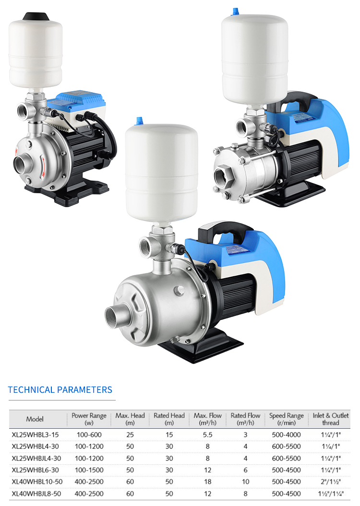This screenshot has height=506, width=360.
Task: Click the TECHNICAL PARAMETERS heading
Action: (x=60, y=389)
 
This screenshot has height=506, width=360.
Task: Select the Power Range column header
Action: (x=89, y=419)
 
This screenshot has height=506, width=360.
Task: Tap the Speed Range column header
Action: (x=287, y=419)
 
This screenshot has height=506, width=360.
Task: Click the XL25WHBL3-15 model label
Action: (x=35, y=435)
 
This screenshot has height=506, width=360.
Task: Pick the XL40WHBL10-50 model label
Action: (x=37, y=482)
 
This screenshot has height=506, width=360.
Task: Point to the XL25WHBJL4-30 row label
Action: (x=36, y=458)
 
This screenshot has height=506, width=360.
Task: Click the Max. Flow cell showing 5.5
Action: (x=208, y=435)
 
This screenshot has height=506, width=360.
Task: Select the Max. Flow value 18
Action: (x=208, y=482)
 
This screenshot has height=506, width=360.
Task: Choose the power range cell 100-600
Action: (x=89, y=435)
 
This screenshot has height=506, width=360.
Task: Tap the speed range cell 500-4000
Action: (x=287, y=435)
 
